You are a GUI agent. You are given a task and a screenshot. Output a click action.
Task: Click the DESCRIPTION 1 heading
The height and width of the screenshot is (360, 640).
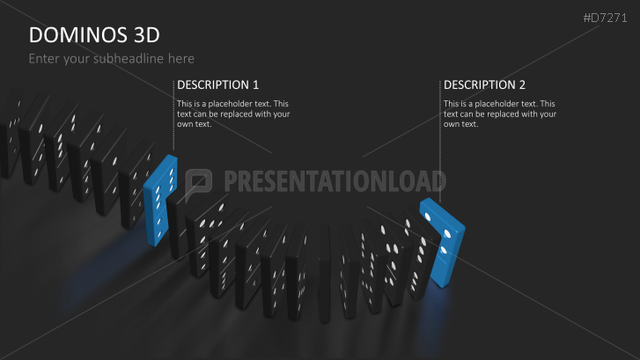coord(217,85)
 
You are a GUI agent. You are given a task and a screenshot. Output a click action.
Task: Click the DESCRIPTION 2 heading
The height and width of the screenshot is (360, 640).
coord(484,85)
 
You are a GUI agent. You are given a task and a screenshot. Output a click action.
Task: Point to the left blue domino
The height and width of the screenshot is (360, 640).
coord(159,199)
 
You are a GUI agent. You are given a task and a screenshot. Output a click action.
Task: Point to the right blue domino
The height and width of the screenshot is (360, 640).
coord(443,243)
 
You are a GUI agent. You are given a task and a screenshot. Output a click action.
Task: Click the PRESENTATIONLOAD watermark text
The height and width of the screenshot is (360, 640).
coord(335,182)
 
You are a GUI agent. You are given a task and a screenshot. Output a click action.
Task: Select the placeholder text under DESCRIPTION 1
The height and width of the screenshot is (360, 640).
coord(233,114)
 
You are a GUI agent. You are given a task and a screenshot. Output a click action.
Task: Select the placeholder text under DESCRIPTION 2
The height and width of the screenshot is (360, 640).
coord(499,114)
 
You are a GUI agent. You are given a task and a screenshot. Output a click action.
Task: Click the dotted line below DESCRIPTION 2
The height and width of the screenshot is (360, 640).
coord(439,150)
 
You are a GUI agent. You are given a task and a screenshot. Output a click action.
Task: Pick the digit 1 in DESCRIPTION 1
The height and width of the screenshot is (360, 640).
coord(255,85)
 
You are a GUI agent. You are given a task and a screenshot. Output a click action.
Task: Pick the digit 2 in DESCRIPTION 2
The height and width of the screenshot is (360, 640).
coord(522,85)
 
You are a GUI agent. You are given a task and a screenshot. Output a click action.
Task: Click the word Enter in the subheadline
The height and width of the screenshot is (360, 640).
coord(45,58)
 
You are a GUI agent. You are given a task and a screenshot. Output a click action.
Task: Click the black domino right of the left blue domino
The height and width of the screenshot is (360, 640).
coord(182,220)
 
